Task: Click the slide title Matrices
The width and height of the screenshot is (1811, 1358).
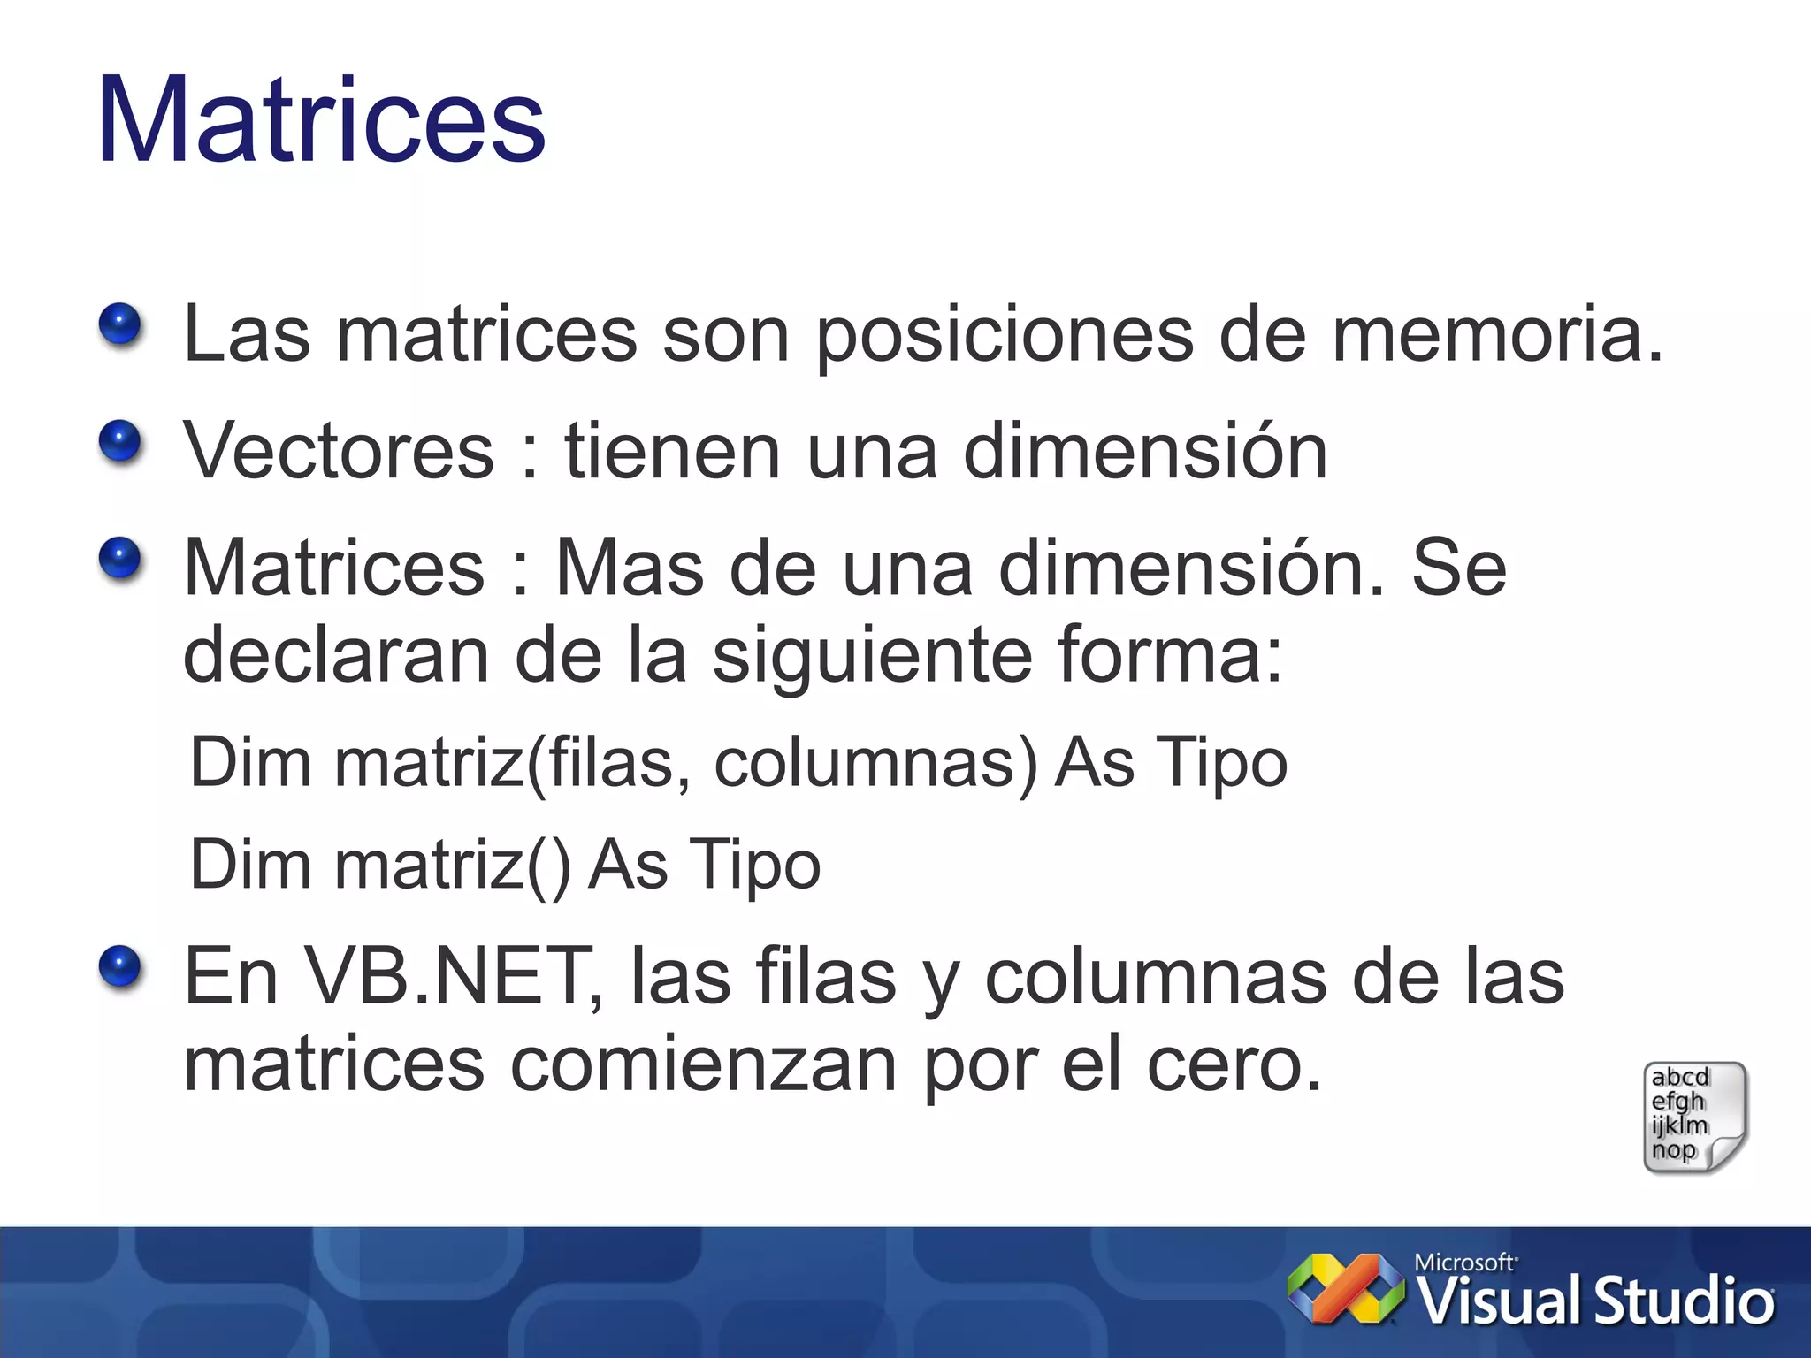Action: pyautogui.click(x=321, y=119)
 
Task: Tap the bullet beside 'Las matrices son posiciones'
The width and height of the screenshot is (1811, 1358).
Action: pyautogui.click(x=120, y=324)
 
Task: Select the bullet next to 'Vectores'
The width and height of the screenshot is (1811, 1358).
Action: pyautogui.click(x=120, y=441)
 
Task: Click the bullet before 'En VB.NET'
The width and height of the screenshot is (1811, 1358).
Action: pyautogui.click(x=120, y=966)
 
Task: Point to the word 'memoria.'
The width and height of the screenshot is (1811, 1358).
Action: pyautogui.click(x=1497, y=334)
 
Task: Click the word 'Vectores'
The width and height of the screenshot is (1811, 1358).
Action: pyautogui.click(x=339, y=451)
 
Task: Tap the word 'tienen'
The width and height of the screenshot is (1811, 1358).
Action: pyautogui.click(x=673, y=451)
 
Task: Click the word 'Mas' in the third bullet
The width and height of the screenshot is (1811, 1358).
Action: pyautogui.click(x=629, y=568)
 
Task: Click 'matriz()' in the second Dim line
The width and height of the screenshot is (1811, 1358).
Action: pyautogui.click(x=453, y=866)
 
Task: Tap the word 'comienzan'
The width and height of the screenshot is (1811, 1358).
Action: pyautogui.click(x=704, y=1064)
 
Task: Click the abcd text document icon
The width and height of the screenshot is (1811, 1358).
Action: pyautogui.click(x=1694, y=1118)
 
